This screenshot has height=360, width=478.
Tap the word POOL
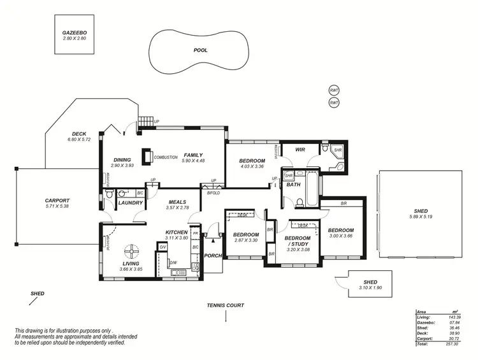[x=200, y=50]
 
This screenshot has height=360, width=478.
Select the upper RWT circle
[x=334, y=90]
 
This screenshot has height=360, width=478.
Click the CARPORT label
[x=57, y=200]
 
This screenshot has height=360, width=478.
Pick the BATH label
[x=293, y=185]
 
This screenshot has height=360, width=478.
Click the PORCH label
[x=213, y=256]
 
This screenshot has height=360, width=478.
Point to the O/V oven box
[x=163, y=247]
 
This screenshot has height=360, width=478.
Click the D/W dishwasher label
[x=173, y=262]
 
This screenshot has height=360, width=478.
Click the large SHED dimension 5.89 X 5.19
[x=420, y=217]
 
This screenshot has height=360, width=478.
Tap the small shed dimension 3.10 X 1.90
[x=370, y=288]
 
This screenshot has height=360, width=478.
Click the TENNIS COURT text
[x=226, y=305]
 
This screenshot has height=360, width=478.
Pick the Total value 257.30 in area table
[x=454, y=343]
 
